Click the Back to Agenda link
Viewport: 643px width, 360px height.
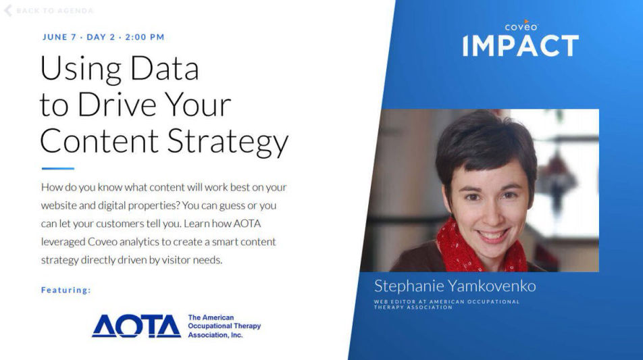pyautogui.click(x=54, y=11)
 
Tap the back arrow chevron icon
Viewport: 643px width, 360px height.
pyautogui.click(x=8, y=10)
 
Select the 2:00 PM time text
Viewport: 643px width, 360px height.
pyautogui.click(x=145, y=37)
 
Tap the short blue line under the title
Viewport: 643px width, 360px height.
pyautogui.click(x=57, y=168)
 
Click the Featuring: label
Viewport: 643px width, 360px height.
pyautogui.click(x=66, y=290)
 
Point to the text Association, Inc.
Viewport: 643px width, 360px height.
pyautogui.click(x=215, y=335)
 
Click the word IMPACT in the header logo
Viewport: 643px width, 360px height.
pyautogui.click(x=520, y=46)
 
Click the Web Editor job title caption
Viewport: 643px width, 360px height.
pyautogui.click(x=446, y=304)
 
